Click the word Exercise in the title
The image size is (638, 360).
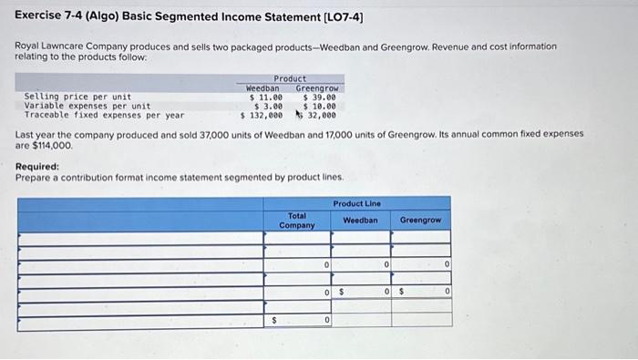pyautogui.click(x=39, y=16)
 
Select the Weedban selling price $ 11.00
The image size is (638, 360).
pyautogui.click(x=266, y=97)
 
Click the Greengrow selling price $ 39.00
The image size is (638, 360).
pyautogui.click(x=319, y=97)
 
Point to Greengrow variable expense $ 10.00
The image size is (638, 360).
pyautogui.click(x=319, y=106)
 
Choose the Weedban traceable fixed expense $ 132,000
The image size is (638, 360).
pyautogui.click(x=262, y=116)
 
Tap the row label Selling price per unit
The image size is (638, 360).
pyautogui.click(x=77, y=97)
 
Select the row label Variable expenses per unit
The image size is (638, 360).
pyautogui.click(x=87, y=106)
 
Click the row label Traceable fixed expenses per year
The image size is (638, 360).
pyautogui.click(x=104, y=116)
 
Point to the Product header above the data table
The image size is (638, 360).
pyautogui.click(x=290, y=79)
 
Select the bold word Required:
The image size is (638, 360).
pyautogui.click(x=37, y=167)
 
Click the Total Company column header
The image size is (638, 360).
pyautogui.click(x=297, y=221)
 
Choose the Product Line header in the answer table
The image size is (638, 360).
pyautogui.click(x=357, y=203)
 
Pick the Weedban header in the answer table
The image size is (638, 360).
pyautogui.click(x=361, y=221)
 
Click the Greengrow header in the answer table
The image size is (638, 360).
pyautogui.click(x=420, y=221)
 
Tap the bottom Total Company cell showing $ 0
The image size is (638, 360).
pyautogui.click(x=297, y=320)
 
